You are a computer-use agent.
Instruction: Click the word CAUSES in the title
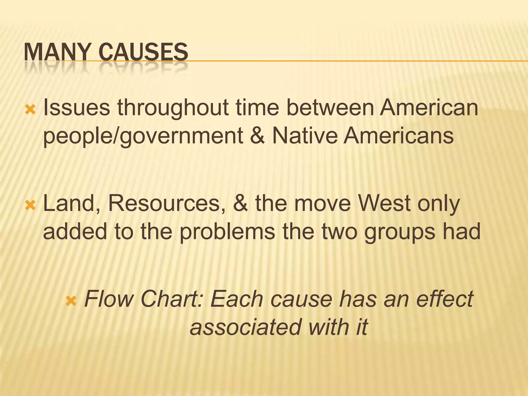click(143, 52)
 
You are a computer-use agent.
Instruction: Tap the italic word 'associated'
click(245, 327)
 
